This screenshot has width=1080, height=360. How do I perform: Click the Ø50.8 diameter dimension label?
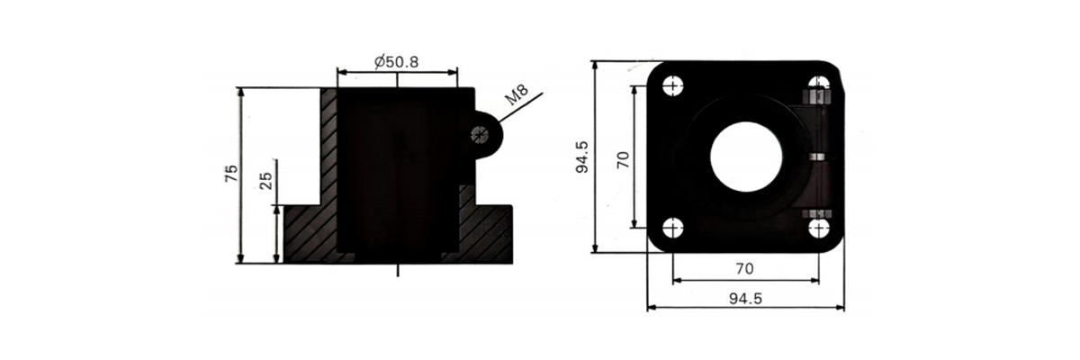[396, 62]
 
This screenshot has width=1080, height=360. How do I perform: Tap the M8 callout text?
[517, 94]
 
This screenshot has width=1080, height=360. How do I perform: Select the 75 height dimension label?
[231, 174]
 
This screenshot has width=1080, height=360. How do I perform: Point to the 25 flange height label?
[266, 181]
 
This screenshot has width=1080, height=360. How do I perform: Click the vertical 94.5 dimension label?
[582, 157]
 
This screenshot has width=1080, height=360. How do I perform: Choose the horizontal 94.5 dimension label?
[745, 299]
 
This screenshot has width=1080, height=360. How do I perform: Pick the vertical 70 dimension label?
[623, 159]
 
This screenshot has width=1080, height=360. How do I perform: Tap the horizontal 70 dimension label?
[744, 268]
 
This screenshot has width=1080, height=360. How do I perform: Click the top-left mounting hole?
[672, 86]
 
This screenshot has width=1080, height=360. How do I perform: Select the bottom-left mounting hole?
[672, 229]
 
